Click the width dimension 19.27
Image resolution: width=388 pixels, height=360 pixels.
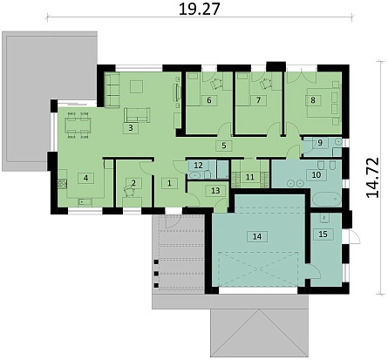[x=199, y=9]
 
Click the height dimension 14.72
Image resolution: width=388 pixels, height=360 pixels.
[x=372, y=178]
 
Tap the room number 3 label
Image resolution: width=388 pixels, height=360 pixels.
[x=131, y=128]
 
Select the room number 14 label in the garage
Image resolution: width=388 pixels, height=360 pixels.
[x=257, y=236]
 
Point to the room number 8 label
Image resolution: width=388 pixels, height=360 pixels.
[x=313, y=100]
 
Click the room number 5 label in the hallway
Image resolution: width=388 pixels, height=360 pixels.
[x=224, y=146]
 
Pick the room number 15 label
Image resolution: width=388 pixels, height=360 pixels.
[x=323, y=234]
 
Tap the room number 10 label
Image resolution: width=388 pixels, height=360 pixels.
[x=317, y=175]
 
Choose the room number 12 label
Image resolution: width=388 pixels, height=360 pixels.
[x=198, y=166]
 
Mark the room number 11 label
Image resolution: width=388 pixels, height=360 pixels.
[x=250, y=177]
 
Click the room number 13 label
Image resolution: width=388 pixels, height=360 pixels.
[x=215, y=191]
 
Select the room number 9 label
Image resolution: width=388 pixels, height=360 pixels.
[x=320, y=143]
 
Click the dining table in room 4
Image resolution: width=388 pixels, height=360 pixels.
[x=78, y=126]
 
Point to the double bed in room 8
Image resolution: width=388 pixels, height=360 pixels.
[x=320, y=101]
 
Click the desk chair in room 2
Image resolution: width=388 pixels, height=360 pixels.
[x=129, y=190]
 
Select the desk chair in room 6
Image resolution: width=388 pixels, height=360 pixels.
[x=216, y=84]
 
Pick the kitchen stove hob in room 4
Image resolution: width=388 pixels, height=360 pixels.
[x=62, y=183]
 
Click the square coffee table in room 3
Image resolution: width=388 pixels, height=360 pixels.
[x=136, y=86]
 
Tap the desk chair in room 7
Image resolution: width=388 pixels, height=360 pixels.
[x=265, y=84]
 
